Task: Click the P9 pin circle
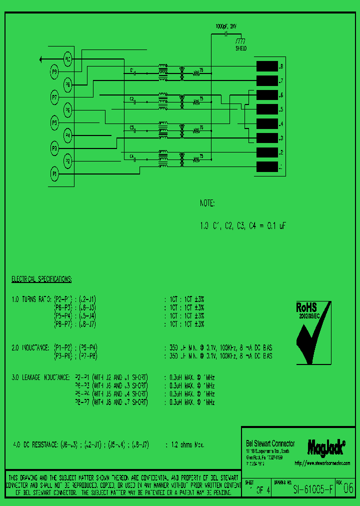[54, 72]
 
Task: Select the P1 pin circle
[54, 173]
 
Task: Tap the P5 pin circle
[54, 122]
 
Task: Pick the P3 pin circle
[54, 148]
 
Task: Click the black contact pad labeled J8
[266, 66]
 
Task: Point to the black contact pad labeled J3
[266, 138]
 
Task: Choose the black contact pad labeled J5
[266, 109]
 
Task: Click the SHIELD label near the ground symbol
[241, 48]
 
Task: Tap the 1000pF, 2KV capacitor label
[226, 25]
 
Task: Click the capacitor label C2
[132, 99]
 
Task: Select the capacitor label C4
[132, 156]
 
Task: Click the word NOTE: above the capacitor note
[206, 204]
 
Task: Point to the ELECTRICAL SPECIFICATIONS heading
[41, 278]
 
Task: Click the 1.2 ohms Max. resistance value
[187, 444]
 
